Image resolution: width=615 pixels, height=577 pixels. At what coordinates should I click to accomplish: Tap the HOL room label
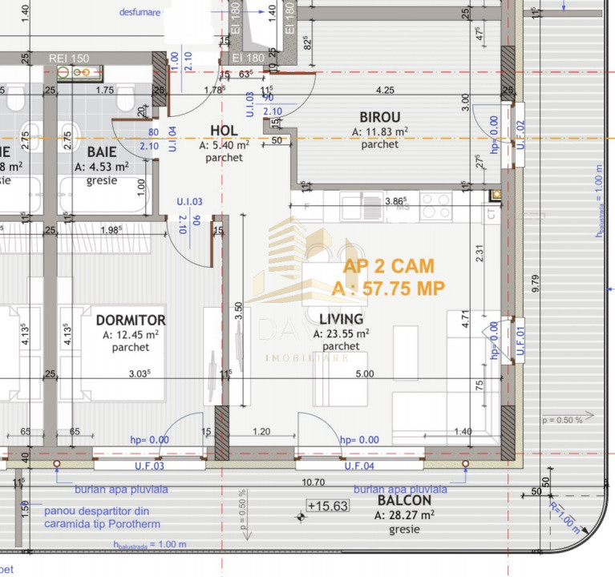(224, 131)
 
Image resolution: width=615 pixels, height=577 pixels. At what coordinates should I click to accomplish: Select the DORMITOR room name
(130, 320)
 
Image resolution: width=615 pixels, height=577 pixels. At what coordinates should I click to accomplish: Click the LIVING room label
(341, 320)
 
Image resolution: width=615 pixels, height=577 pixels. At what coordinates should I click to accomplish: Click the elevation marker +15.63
(327, 506)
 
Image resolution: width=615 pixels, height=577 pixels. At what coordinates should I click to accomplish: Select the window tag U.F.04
(358, 466)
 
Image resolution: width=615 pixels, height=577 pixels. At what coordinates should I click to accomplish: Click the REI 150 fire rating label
(69, 59)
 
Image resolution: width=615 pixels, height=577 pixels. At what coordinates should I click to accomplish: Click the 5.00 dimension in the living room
(364, 373)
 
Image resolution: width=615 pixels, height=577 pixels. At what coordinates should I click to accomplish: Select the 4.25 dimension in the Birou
(385, 90)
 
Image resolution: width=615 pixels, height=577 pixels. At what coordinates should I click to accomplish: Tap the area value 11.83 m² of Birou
(380, 131)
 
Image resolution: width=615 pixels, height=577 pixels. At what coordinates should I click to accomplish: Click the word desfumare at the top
(139, 13)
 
